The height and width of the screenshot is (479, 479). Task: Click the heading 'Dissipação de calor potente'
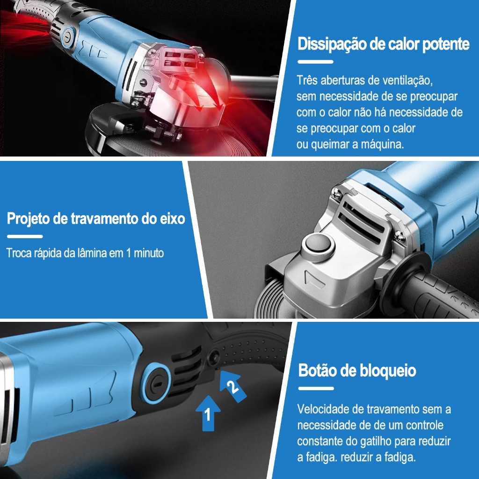coord(384,44)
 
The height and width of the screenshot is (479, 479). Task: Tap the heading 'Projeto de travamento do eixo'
coord(96,219)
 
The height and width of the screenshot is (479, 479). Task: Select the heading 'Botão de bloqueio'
coord(357,370)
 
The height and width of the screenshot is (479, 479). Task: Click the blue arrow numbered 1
coord(208,414)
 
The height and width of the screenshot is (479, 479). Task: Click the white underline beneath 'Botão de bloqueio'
coord(316,389)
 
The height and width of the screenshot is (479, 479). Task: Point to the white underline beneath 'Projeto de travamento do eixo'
coord(25,236)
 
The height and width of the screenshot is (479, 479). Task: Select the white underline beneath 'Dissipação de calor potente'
coord(315,62)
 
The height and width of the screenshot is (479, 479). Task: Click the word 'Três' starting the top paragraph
coord(308,80)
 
